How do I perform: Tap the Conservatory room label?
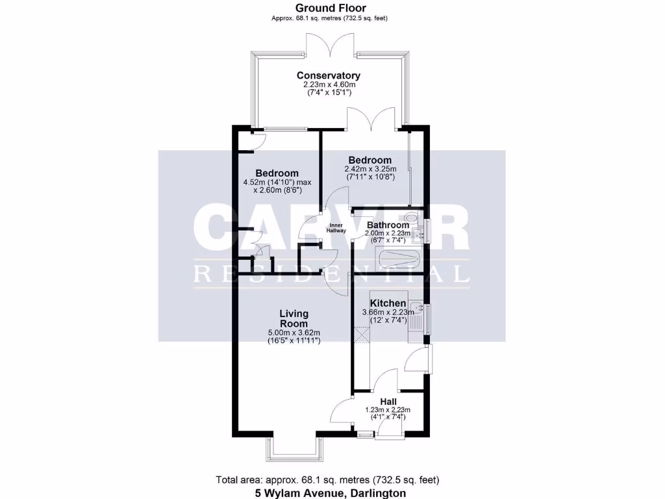[328, 75]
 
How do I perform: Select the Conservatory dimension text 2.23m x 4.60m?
[328, 84]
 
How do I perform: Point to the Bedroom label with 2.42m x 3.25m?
[370, 160]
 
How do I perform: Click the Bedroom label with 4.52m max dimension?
[277, 173]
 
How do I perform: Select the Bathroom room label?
[387, 225]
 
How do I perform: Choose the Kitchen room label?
[388, 303]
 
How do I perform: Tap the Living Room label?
[294, 318]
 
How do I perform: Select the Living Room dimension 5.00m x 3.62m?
[294, 333]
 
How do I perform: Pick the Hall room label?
[387, 402]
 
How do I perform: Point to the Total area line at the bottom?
[327, 480]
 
